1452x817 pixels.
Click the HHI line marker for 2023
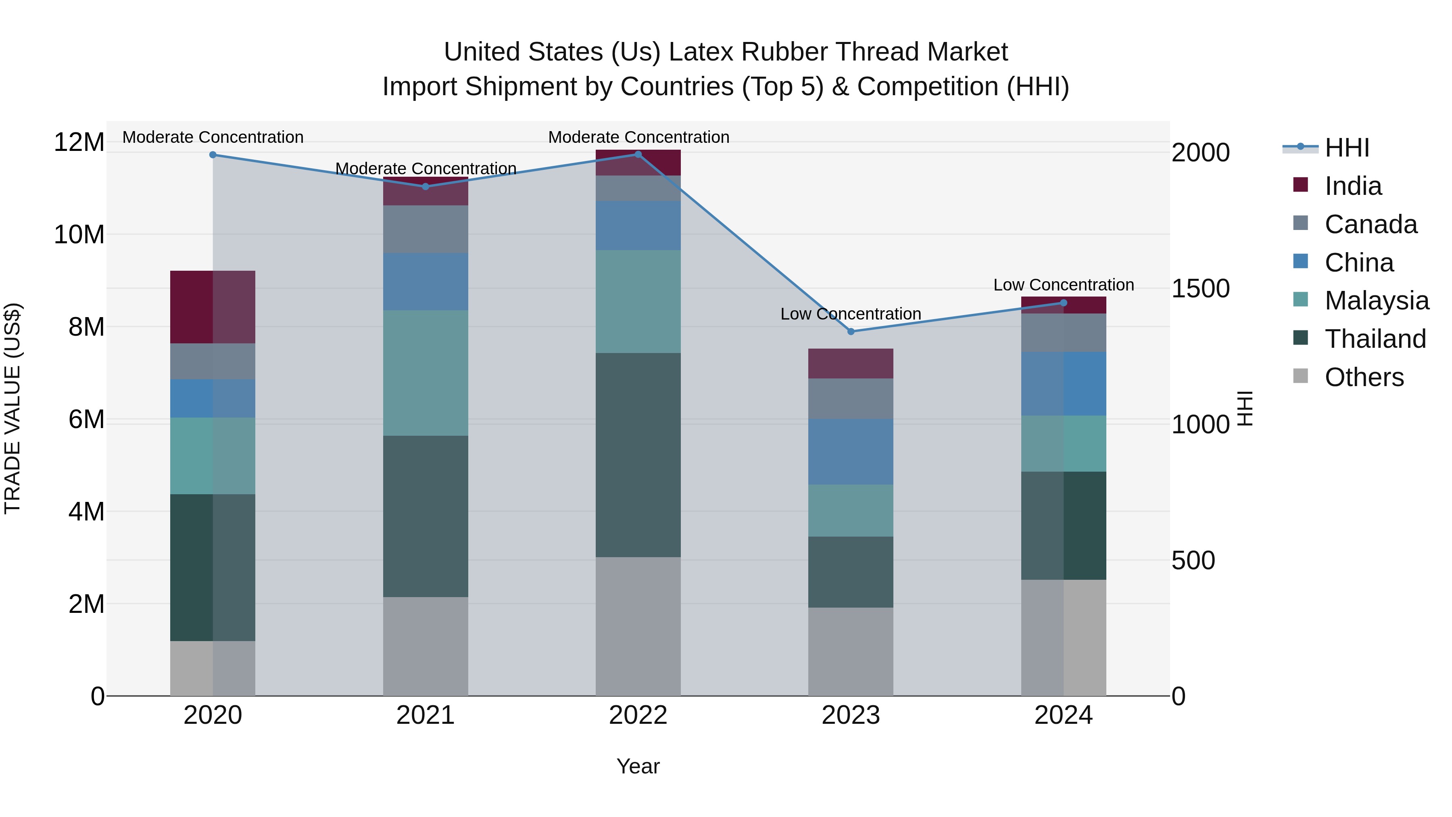(851, 332)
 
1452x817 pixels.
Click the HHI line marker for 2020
(213, 155)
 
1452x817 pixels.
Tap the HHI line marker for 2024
(1064, 303)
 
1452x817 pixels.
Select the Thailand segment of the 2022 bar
(638, 455)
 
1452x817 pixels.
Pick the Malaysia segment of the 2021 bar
(426, 373)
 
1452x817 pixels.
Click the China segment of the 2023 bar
(851, 451)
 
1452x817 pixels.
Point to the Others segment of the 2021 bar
(426, 646)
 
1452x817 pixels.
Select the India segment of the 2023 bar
(851, 364)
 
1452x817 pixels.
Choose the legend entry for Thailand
(1375, 339)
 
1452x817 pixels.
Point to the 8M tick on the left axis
(86, 327)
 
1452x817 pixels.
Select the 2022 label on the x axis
(638, 715)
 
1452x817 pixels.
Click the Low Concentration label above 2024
(1064, 285)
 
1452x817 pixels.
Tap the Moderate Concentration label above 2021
(426, 169)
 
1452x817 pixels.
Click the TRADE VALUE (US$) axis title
(13, 408)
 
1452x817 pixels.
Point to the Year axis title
(638, 766)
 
